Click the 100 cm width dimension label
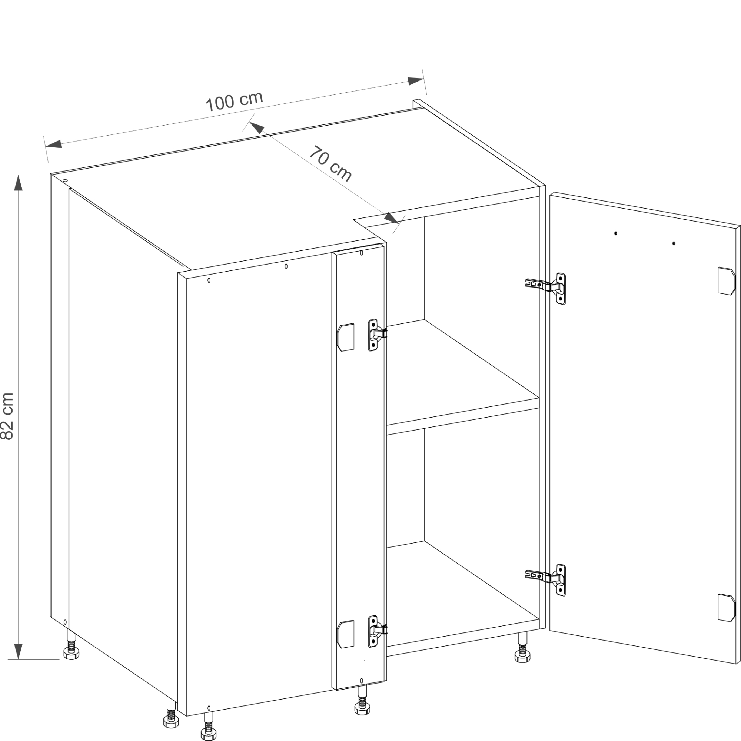[x=235, y=101]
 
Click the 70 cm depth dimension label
[x=330, y=164]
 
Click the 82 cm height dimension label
[x=8, y=416]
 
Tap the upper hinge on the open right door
[x=545, y=289]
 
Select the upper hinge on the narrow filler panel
[x=375, y=335]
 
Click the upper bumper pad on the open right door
[x=727, y=281]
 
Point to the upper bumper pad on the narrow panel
[x=345, y=337]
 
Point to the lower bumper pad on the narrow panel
[x=345, y=634]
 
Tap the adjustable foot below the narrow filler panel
[x=362, y=700]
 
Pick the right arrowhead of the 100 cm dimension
[x=415, y=81]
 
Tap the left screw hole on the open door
[x=615, y=233]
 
